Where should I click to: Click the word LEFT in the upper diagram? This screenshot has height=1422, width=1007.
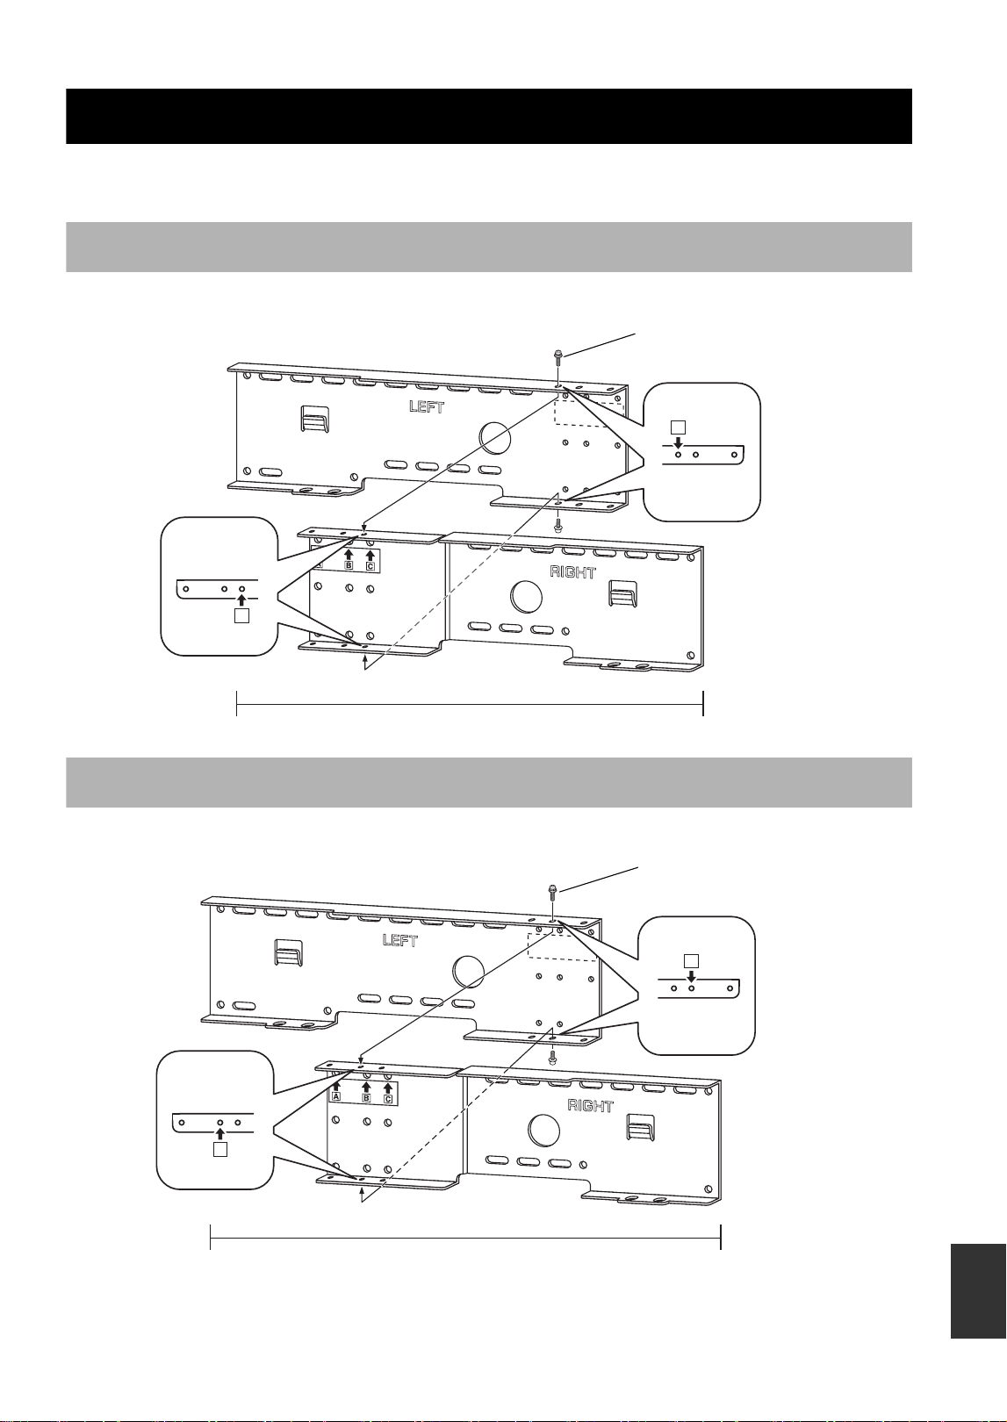click(x=427, y=406)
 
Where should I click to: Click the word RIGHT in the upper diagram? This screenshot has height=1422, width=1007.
click(x=572, y=572)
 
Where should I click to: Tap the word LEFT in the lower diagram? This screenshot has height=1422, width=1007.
click(x=400, y=940)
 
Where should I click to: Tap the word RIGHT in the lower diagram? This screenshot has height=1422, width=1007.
click(x=591, y=1106)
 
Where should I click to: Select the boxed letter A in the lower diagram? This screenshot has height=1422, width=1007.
click(x=336, y=1096)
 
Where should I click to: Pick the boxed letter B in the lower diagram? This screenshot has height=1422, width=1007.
click(x=366, y=1098)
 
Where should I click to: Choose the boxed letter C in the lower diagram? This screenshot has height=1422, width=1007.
click(x=388, y=1100)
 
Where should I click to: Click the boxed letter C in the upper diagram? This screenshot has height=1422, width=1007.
click(x=370, y=566)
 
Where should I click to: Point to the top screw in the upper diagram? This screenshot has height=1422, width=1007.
click(x=557, y=358)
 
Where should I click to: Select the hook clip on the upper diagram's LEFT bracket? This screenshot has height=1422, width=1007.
click(x=314, y=420)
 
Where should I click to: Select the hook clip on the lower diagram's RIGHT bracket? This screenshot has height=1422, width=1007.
click(x=641, y=1127)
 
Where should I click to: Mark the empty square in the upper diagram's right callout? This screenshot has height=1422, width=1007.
click(x=678, y=427)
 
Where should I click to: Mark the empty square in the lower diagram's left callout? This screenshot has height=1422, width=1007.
click(x=219, y=1150)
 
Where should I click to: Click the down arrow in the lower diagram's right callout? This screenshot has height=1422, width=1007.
click(x=692, y=976)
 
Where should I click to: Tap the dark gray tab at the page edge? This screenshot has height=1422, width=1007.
click(x=978, y=1291)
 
